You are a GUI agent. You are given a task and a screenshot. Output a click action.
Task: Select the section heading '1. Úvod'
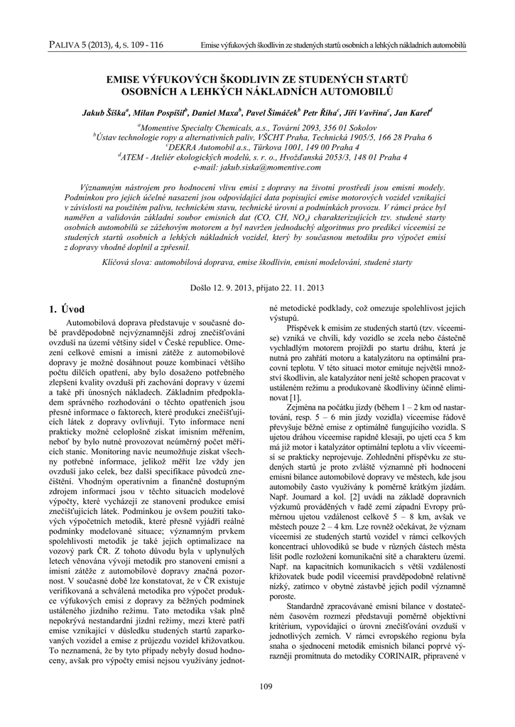tap(66, 309)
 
